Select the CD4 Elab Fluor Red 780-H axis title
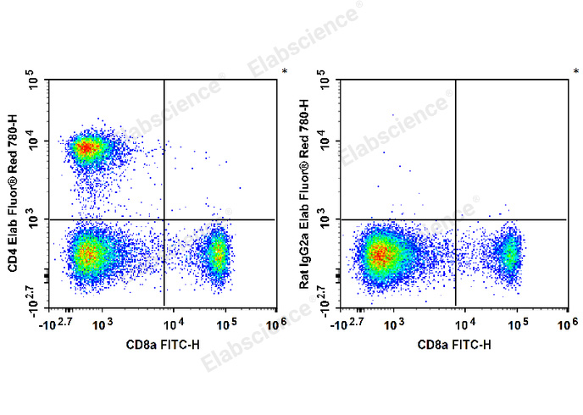[13, 195]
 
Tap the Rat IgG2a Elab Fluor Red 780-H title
[305, 195]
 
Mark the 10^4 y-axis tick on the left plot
[34, 141]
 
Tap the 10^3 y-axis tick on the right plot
[326, 220]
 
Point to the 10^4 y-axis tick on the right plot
[326, 141]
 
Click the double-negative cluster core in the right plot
[380, 253]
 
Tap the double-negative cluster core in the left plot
[87, 252]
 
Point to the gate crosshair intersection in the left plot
[164, 219]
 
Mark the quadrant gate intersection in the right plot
[456, 219]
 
